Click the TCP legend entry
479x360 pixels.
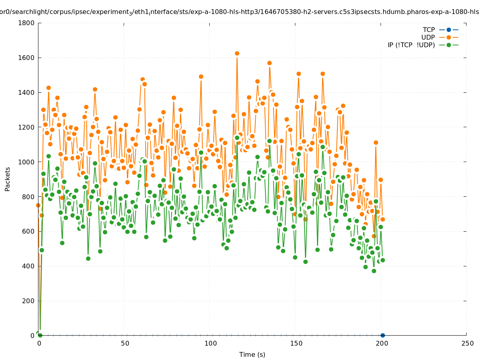coord(429,30)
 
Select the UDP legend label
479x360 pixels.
coord(428,37)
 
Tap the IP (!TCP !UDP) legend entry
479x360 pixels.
coord(411,45)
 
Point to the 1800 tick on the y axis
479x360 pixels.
coord(27,23)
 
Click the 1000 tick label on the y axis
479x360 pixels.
coord(27,162)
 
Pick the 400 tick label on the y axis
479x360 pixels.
coord(29,266)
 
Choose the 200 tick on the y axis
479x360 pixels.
coord(29,301)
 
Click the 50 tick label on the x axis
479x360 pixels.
coord(125,343)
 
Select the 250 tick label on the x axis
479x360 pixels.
coord(467,343)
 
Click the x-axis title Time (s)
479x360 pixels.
coord(252,354)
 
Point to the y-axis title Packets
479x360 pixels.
coord(8,179)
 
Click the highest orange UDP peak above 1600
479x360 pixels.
coord(237,53)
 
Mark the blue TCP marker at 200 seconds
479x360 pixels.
coord(383,335)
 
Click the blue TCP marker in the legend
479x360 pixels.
coord(449,30)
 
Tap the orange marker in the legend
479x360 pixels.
coord(449,37)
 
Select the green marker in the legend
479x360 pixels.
coord(449,45)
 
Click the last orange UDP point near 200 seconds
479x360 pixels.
coord(383,219)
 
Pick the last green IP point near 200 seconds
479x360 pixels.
coord(383,260)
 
